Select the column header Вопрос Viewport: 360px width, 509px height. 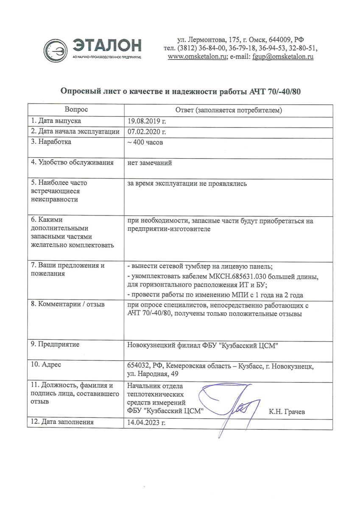pyautogui.click(x=77, y=110)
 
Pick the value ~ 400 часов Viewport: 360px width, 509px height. pyautogui.click(x=145, y=143)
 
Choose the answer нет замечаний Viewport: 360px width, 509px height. pyautogui.click(x=150, y=162)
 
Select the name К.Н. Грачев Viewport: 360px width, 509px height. pyautogui.click(x=287, y=411)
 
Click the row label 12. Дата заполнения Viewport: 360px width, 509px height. pyautogui.click(x=62, y=422)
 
